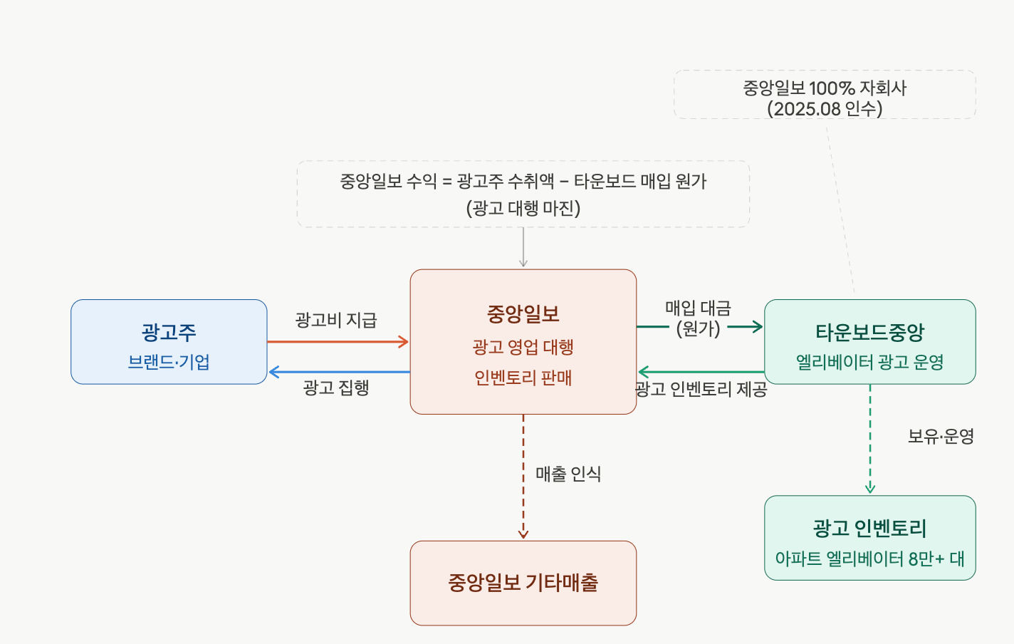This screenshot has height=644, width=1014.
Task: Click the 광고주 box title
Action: click(169, 332)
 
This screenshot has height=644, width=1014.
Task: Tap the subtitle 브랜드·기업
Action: click(169, 362)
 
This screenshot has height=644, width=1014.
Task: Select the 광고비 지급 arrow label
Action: click(336, 320)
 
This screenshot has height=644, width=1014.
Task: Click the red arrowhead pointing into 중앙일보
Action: click(404, 342)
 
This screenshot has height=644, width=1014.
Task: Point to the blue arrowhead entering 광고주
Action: click(273, 372)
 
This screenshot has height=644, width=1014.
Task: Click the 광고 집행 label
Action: click(336, 388)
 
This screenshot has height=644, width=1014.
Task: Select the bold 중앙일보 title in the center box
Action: click(523, 313)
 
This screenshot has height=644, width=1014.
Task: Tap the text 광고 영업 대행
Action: click(523, 347)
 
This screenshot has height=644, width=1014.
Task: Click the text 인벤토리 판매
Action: click(523, 378)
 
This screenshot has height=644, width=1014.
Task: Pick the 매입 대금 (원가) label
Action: click(698, 318)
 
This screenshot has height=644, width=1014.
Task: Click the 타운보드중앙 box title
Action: click(869, 332)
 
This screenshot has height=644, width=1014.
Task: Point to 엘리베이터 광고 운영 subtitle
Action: click(869, 362)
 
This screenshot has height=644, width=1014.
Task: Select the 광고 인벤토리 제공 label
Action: click(701, 389)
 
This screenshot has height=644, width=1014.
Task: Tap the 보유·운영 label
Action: click(941, 436)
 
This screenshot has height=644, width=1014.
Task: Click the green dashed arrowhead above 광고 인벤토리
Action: click(870, 489)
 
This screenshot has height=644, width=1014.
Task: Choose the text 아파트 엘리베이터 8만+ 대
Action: click(869, 559)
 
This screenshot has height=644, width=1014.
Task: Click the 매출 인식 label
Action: click(568, 474)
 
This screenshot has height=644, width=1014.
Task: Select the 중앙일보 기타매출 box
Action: click(523, 583)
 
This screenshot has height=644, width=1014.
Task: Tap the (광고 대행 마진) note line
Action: click(523, 208)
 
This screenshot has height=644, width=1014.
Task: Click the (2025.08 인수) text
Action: click(825, 108)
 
